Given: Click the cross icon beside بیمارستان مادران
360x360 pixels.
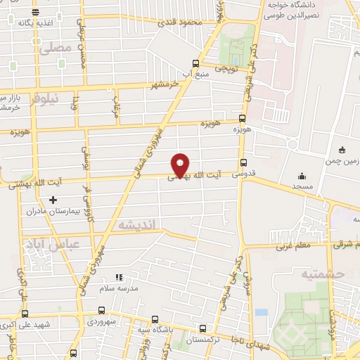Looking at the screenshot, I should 53,200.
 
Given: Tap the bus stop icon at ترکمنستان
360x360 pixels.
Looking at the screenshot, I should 202,328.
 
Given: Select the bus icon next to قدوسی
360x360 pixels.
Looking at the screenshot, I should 243,162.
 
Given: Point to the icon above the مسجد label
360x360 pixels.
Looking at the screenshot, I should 302,176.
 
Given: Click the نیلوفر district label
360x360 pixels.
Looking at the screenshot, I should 42,98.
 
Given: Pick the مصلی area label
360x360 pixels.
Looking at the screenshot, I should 56,49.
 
